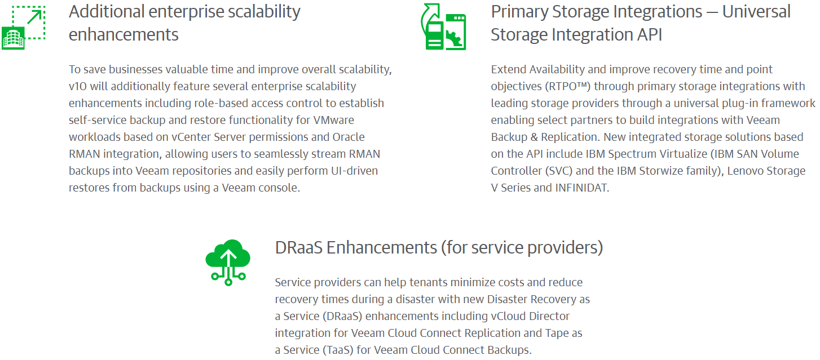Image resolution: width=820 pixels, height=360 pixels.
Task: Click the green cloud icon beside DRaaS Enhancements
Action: (228, 263)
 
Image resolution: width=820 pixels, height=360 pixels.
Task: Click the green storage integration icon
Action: (443, 26)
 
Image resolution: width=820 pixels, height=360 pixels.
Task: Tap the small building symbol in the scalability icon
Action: (13, 38)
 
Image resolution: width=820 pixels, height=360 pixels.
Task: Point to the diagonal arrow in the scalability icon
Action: (35, 17)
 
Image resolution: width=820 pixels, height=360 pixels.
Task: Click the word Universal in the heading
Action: (756, 12)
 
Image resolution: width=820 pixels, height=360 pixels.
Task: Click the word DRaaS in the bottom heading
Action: (298, 248)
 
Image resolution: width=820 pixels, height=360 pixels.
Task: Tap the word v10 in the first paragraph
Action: (78, 86)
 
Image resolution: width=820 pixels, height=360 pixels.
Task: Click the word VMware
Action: (333, 120)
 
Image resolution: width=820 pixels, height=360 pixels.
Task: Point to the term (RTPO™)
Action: (568, 86)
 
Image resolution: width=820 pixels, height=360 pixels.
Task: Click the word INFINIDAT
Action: (582, 188)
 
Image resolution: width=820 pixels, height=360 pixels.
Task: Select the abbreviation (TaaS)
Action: (338, 350)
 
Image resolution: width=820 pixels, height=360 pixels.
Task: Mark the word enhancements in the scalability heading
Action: (124, 35)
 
